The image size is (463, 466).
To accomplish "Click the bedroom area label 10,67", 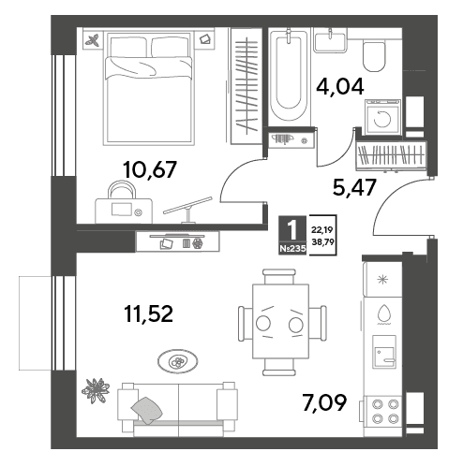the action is (x=150, y=170).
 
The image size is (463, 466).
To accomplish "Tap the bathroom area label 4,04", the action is (x=340, y=86).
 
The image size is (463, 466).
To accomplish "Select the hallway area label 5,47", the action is (x=354, y=187).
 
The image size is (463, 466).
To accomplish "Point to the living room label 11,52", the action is (x=148, y=313).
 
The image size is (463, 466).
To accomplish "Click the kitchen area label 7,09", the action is (x=324, y=402).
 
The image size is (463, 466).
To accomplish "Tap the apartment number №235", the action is (x=292, y=249).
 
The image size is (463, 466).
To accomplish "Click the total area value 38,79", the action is (x=322, y=241).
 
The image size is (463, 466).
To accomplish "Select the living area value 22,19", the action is (x=322, y=230).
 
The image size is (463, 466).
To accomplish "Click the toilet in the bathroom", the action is (x=374, y=56).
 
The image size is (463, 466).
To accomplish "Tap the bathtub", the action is (x=290, y=76).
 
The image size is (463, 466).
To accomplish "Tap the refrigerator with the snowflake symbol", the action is (x=382, y=279).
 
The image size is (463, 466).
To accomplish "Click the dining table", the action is (x=280, y=321).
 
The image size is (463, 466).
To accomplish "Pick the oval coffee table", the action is (x=177, y=361).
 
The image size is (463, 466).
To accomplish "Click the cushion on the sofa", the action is (x=146, y=410).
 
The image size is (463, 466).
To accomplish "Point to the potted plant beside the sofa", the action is (x=96, y=390).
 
